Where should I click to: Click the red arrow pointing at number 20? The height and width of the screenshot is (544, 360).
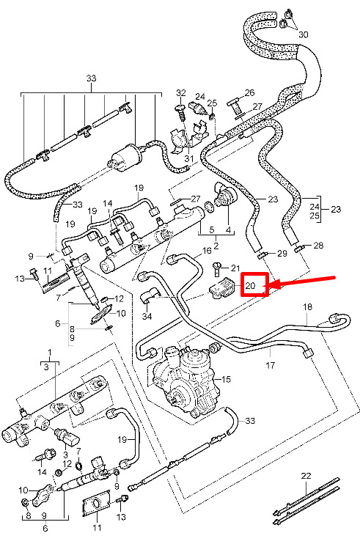tap(302, 282)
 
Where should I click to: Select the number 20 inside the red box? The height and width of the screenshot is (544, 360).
tap(250, 286)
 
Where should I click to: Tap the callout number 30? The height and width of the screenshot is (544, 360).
tap(303, 34)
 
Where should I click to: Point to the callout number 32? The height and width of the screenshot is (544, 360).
tap(181, 93)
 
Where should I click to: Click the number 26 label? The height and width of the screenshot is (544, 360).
tap(250, 92)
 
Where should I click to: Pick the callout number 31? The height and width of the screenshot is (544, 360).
tap(189, 158)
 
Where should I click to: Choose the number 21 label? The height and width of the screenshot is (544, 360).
tap(235, 268)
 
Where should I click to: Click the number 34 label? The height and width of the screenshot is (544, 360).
tap(147, 317)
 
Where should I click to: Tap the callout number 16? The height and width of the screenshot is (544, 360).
tap(207, 251)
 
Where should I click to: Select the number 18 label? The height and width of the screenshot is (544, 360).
tap(308, 306)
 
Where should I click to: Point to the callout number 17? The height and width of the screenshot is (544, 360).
tap(270, 365)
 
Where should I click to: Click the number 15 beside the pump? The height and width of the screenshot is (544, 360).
tap(226, 379)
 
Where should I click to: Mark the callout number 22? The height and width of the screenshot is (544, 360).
tap(306, 476)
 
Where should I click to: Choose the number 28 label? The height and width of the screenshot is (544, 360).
tap(318, 246)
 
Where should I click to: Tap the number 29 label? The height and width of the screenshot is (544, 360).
tap(283, 253)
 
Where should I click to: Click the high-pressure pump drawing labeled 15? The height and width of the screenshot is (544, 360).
tap(183, 379)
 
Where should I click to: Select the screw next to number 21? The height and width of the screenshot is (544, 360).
tap(217, 269)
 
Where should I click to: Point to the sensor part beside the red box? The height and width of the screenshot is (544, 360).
tap(222, 289)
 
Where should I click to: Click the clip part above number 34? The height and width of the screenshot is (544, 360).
tap(149, 295)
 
